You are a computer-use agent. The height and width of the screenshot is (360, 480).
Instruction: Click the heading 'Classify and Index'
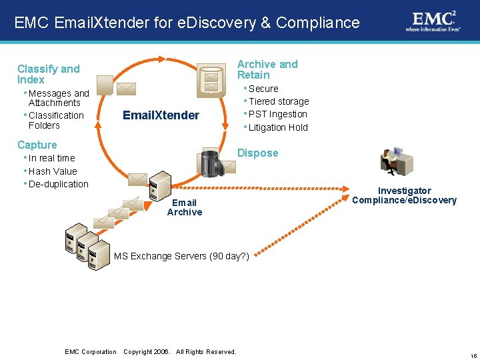(48, 74)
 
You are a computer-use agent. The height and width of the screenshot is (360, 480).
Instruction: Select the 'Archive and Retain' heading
(267, 69)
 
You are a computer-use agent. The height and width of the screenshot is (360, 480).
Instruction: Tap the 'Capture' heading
(37, 145)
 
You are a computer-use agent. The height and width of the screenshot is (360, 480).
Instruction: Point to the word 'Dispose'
(258, 153)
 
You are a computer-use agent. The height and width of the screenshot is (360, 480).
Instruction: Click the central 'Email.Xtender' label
(161, 115)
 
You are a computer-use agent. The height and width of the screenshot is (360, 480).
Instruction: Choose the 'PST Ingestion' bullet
(277, 114)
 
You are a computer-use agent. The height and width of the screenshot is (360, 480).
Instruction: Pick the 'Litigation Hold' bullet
(278, 127)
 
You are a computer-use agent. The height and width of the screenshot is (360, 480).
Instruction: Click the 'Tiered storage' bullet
(279, 101)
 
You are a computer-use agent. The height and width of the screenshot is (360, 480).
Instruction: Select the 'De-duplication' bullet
(58, 184)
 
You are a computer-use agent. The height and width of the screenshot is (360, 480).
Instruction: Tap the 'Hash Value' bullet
(53, 171)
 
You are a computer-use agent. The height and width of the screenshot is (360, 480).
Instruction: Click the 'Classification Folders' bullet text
(55, 120)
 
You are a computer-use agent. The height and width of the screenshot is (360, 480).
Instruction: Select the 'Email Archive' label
(185, 207)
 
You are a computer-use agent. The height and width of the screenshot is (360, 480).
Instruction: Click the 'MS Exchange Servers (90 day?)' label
(181, 256)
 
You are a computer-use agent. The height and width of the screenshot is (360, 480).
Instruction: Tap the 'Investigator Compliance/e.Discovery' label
(404, 195)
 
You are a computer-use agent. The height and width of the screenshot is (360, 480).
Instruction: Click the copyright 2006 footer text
(180, 351)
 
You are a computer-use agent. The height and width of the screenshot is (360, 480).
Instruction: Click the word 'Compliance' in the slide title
(317, 23)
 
